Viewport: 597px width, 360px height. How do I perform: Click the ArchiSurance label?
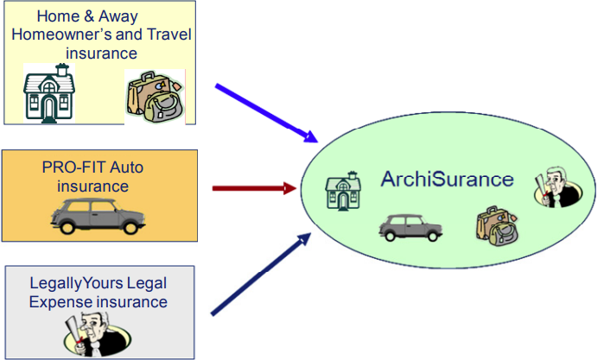pos(447,180)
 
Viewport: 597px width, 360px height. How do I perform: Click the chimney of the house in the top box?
pos(60,69)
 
